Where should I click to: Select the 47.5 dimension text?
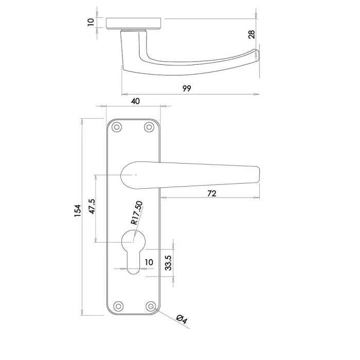click(x=92, y=208)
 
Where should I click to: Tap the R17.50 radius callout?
click(x=136, y=213)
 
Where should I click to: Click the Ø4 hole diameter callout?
click(x=182, y=319)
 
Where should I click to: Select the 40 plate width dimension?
click(x=135, y=101)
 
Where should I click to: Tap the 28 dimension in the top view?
click(x=251, y=34)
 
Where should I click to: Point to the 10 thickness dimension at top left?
click(x=91, y=22)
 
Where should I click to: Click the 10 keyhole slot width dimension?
click(x=149, y=262)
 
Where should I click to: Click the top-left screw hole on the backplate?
click(x=117, y=128)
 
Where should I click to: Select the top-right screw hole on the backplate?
click(x=150, y=128)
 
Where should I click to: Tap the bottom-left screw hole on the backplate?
click(x=117, y=306)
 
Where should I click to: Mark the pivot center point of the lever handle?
click(x=135, y=175)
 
